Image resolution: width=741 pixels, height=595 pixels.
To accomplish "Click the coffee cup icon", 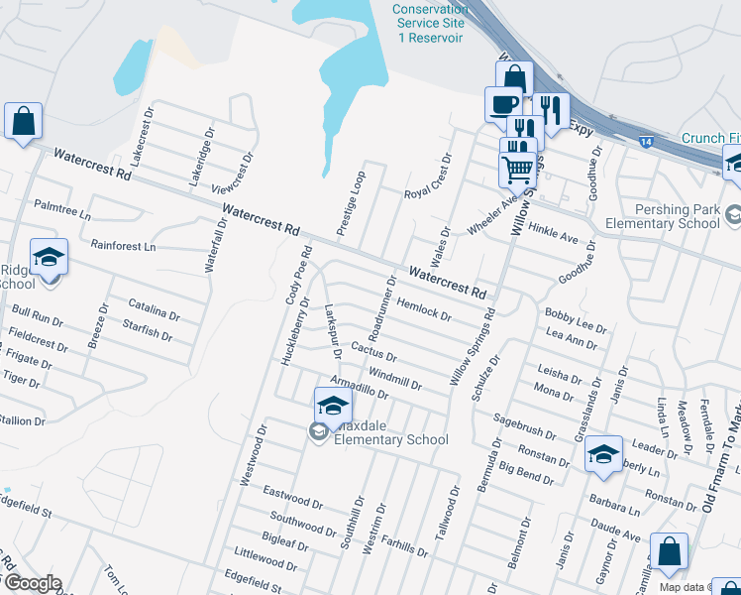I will coord(503,102).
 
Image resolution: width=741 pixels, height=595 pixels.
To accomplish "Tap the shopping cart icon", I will coord(517,170).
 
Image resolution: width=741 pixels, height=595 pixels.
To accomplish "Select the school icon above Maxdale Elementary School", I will coord(334,405).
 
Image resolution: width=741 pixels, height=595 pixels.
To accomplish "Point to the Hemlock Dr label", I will coord(423,309).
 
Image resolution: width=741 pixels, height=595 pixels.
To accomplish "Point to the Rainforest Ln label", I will coord(124,245).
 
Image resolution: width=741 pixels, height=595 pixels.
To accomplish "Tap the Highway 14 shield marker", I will coord(645,144).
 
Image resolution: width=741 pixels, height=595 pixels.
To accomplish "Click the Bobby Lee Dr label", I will coord(576,319).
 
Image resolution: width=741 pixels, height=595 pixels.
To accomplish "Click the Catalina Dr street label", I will coord(154,310).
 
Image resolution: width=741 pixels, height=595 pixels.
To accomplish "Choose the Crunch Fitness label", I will coord(710,138).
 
